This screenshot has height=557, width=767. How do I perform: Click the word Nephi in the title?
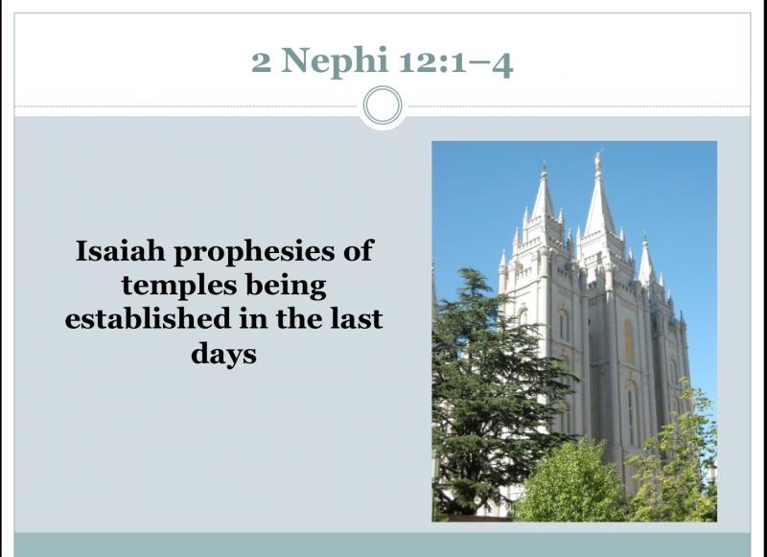[334, 61]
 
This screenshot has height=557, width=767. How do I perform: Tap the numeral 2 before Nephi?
[261, 62]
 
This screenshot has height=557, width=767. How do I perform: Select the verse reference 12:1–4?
[456, 62]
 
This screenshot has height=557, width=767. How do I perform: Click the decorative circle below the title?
[383, 105]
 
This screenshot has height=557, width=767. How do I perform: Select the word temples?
[179, 287]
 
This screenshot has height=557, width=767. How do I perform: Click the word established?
[148, 318]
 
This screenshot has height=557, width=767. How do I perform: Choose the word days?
[223, 354]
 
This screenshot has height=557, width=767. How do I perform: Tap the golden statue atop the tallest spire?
[597, 160]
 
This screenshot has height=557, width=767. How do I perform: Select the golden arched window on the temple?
[629, 341]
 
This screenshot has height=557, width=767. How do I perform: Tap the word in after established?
[253, 318]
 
